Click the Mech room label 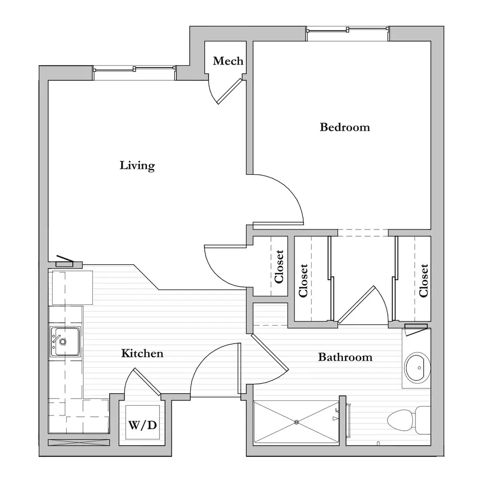pos(228,61)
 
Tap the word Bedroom pos(345,127)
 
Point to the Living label pos(137,165)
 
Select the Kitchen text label pos(142,353)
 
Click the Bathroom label pos(345,357)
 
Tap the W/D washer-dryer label pos(142,425)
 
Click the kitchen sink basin pos(65,341)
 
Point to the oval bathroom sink pos(417,368)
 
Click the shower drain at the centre pos(297,422)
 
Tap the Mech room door pos(229,91)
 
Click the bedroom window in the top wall pos(348,29)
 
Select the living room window pos(134,69)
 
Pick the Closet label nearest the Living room pos(279,267)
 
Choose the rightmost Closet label pos(424,280)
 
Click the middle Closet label pos(303,280)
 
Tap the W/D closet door pos(147,382)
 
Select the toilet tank pos(423,419)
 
